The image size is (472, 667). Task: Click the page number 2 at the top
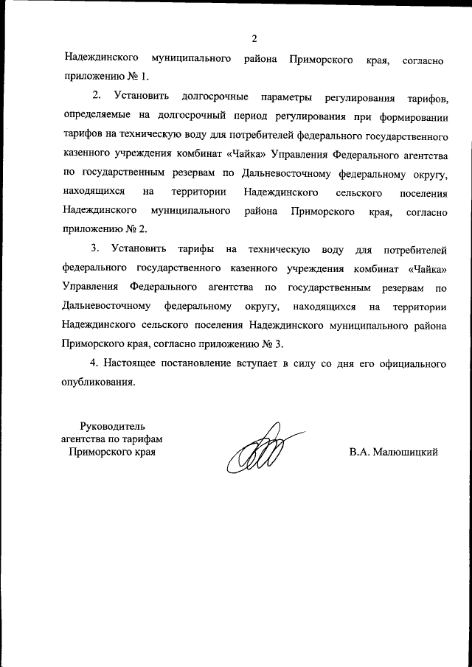tap(254, 38)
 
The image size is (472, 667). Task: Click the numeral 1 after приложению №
tap(145, 77)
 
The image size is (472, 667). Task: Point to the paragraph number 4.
tap(94, 363)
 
